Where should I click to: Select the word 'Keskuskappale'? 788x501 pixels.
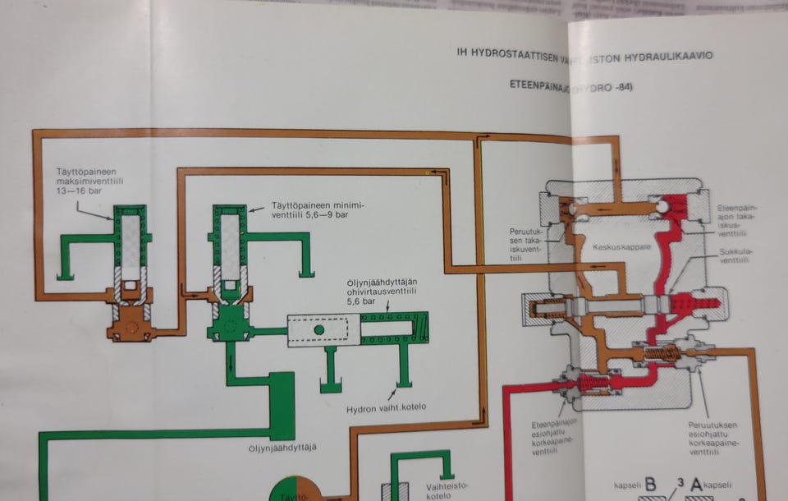[616, 246]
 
